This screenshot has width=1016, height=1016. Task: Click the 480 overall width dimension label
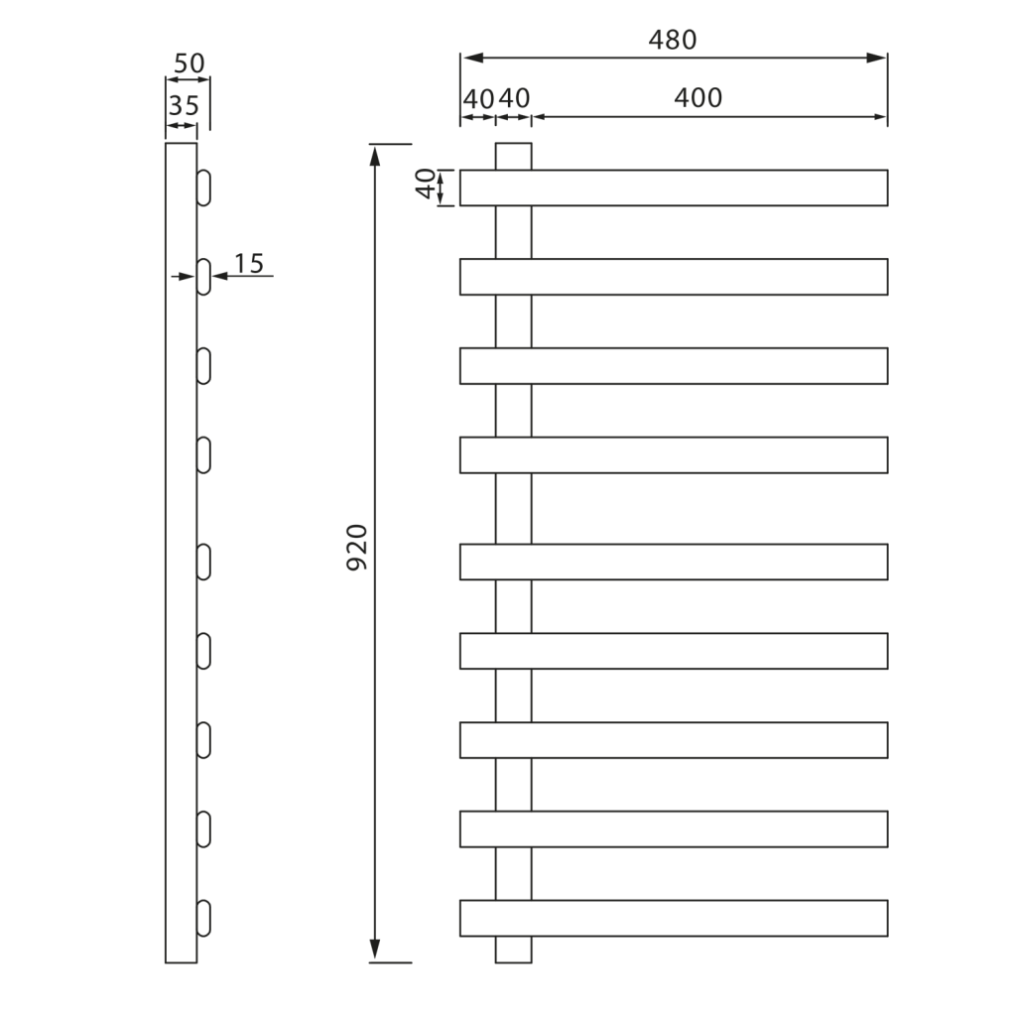click(x=673, y=40)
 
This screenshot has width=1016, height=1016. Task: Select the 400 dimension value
click(x=698, y=98)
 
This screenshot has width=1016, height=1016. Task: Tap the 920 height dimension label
click(x=357, y=547)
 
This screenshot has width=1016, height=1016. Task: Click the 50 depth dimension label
click(x=189, y=64)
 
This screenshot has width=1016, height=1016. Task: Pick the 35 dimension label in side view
click(x=184, y=105)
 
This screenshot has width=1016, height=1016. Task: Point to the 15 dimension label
click(x=249, y=264)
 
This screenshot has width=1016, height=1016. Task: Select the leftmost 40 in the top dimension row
click(x=477, y=98)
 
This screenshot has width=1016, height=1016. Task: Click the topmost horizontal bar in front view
click(x=695, y=188)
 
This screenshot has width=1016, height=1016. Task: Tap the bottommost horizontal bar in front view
click(x=695, y=918)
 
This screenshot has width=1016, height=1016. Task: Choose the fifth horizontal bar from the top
click(x=695, y=562)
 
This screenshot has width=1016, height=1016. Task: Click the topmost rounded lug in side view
click(x=203, y=188)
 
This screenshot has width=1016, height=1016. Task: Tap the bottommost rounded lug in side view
click(x=203, y=918)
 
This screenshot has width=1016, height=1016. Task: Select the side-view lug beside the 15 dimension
click(x=203, y=277)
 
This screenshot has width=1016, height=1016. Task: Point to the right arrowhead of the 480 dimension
click(x=877, y=58)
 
